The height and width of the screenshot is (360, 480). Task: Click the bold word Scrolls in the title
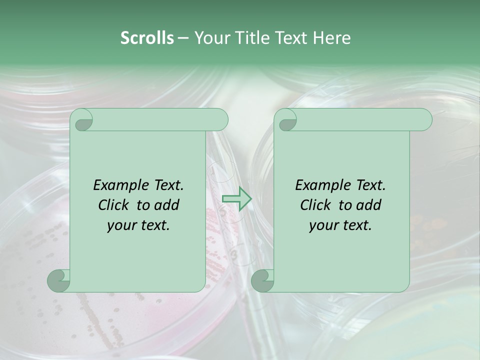point(147,37)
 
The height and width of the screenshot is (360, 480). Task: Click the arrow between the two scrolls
point(236,199)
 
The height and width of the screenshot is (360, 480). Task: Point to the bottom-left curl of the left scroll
point(58,280)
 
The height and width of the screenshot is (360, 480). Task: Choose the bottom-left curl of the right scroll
point(262,280)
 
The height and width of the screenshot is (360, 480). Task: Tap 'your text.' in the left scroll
point(138,225)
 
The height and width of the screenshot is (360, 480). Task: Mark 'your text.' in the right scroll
point(340,225)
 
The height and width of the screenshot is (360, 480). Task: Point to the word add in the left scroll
point(167,205)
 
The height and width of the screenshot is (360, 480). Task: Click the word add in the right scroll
point(369,205)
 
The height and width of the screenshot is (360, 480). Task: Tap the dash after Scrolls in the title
point(183,37)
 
